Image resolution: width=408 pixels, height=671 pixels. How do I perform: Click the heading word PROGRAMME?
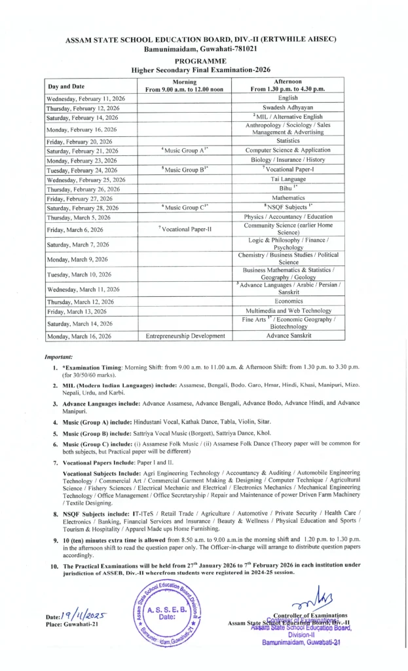point(201,60)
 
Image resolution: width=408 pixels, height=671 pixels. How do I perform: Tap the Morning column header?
point(184,85)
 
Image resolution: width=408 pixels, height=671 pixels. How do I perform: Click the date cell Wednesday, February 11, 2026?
point(86,98)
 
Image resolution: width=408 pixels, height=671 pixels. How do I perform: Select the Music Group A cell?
point(184,151)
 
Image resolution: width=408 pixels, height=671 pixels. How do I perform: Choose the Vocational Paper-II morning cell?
point(184,229)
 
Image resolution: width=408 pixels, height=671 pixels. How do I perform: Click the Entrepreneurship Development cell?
point(184,336)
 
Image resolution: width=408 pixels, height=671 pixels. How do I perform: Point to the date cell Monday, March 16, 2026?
point(79,336)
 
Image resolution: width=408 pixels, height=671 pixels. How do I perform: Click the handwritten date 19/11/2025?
point(84,615)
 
